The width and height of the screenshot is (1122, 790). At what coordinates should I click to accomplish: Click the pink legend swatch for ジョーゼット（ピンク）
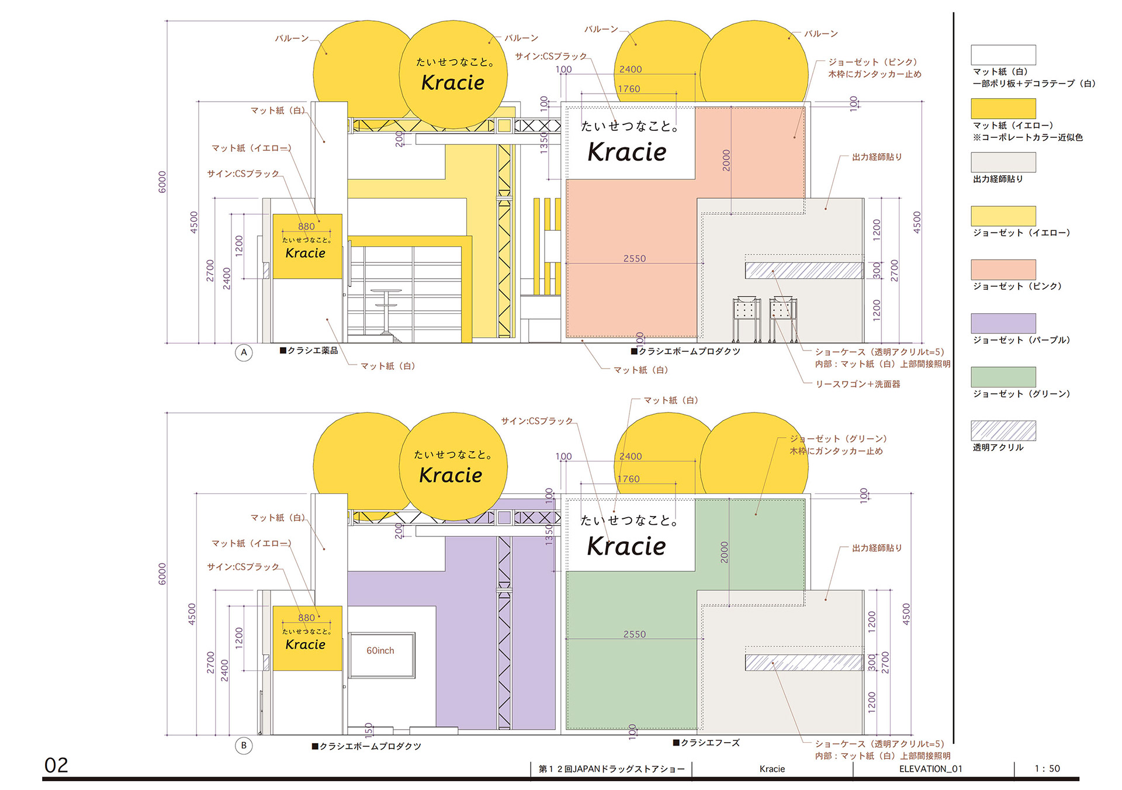tap(1003, 269)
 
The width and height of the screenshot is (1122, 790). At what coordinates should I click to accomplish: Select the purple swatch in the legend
tap(1003, 323)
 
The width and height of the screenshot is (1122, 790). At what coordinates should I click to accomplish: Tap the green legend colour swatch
tap(1003, 377)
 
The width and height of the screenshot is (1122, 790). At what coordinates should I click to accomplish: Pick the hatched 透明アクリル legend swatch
tap(1003, 431)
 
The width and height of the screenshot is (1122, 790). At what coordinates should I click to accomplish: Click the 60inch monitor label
tap(380, 650)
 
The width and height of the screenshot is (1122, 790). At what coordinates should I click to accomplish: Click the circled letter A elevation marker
tap(244, 352)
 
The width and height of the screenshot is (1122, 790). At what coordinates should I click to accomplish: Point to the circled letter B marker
tap(244, 745)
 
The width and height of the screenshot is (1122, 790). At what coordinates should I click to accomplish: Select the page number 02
tap(56, 765)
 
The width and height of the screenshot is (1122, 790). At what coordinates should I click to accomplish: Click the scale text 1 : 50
tap(1047, 768)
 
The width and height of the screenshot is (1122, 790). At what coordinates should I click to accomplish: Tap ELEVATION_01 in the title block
tap(930, 768)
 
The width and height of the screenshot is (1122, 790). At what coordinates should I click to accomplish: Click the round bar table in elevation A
tap(386, 312)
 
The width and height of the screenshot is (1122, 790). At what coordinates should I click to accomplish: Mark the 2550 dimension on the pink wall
tap(635, 258)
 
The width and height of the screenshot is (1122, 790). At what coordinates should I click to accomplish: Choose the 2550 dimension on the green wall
tap(635, 634)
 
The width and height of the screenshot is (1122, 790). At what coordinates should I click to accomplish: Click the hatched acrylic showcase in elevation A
tap(804, 270)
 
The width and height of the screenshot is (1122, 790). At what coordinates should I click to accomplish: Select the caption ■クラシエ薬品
tap(309, 351)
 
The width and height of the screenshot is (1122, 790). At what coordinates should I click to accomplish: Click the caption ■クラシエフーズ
tap(707, 743)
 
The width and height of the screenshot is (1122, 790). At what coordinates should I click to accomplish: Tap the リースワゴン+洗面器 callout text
tap(858, 384)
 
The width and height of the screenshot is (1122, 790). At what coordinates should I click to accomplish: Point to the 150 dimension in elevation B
tap(368, 729)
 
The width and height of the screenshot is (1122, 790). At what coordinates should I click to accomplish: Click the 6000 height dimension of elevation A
tap(162, 182)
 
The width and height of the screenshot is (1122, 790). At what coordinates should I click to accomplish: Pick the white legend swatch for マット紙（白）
tap(1003, 55)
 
